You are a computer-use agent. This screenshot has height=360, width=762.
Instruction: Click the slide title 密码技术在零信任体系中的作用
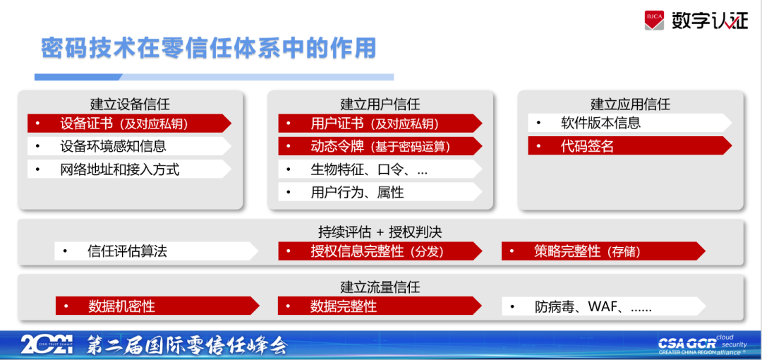pyautogui.click(x=208, y=48)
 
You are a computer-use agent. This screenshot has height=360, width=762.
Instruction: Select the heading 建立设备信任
pyautogui.click(x=130, y=104)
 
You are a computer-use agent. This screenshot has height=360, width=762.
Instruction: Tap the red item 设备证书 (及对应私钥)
pyautogui.click(x=129, y=123)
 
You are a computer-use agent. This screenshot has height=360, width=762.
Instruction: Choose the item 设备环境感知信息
pyautogui.click(x=129, y=146)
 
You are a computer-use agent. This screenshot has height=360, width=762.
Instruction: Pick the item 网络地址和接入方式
pyautogui.click(x=129, y=169)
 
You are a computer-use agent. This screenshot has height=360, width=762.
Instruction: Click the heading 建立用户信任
pyautogui.click(x=380, y=104)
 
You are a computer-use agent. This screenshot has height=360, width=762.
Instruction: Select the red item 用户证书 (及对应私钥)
pyautogui.click(x=380, y=123)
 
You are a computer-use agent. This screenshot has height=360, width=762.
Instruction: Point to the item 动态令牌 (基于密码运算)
pyautogui.click(x=380, y=146)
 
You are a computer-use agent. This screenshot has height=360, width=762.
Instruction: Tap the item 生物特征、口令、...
pyautogui.click(x=380, y=169)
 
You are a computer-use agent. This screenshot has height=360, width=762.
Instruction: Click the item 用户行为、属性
pyautogui.click(x=380, y=192)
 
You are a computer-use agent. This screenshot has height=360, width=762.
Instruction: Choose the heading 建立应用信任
pyautogui.click(x=630, y=104)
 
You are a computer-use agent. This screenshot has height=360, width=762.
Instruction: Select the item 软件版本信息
pyautogui.click(x=630, y=123)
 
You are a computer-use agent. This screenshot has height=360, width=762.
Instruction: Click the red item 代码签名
pyautogui.click(x=630, y=146)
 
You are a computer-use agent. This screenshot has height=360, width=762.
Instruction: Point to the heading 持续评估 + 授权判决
pyautogui.click(x=380, y=232)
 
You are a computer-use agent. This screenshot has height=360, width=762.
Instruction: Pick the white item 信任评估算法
pyautogui.click(x=157, y=251)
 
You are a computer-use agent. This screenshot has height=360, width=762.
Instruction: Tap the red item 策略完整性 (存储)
pyautogui.click(x=603, y=251)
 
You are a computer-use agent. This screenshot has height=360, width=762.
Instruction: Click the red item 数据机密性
pyautogui.click(x=157, y=306)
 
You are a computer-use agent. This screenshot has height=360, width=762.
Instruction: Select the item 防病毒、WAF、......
pyautogui.click(x=604, y=306)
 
